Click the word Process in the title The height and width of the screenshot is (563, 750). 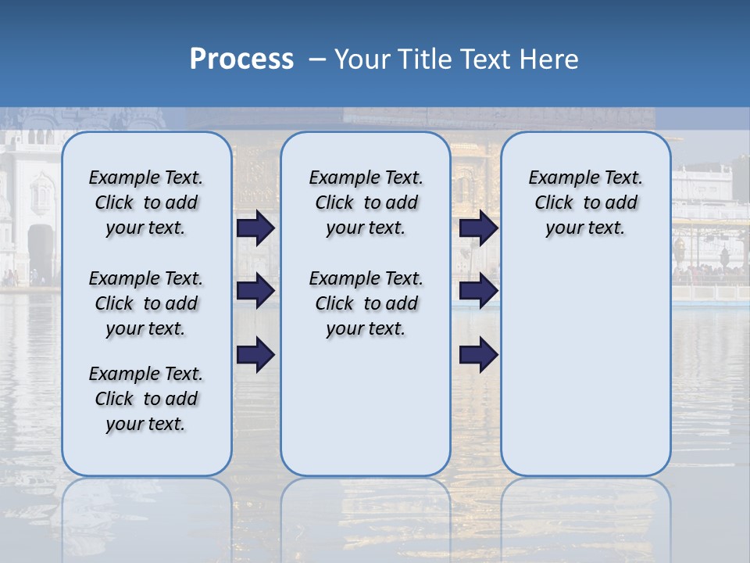coord(241,59)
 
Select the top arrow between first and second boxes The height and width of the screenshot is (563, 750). coord(255,228)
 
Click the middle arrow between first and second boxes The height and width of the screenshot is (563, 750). coord(255,291)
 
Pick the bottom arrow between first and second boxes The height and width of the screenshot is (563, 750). coord(255,354)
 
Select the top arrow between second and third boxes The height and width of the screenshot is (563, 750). coord(478,228)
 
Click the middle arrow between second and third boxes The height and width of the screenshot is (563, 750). coord(478,291)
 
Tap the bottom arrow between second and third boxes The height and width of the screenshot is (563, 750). coord(478,354)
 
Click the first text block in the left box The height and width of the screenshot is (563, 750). coord(146,203)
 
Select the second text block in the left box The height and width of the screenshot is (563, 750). coord(146,303)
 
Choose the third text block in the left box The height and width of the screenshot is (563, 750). coord(146,399)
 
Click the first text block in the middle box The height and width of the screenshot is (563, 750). coord(366,203)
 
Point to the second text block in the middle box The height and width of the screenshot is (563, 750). coord(366,303)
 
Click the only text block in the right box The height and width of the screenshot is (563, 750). coord(585,203)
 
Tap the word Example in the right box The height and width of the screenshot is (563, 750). coord(559,178)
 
